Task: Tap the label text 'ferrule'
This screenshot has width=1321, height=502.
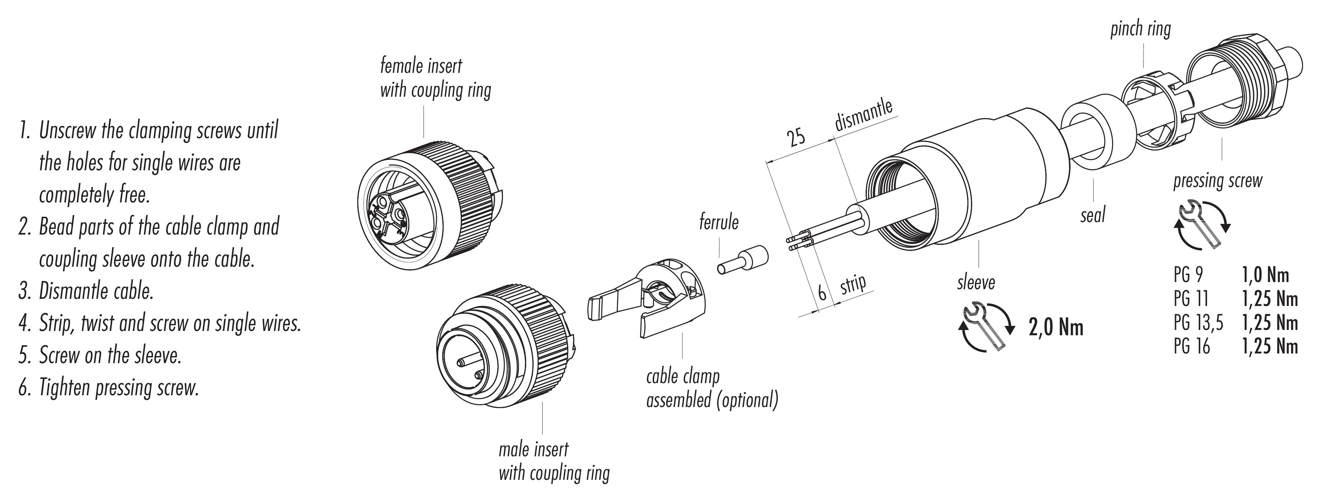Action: coord(719,222)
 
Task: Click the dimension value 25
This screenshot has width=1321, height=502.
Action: coord(796,138)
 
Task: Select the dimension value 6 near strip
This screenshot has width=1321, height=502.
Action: coord(822,293)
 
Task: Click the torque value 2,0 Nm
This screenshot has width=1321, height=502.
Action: coord(1056,327)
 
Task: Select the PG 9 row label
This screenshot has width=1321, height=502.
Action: coord(1188,275)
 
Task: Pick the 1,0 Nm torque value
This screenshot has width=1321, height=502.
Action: coord(1265,275)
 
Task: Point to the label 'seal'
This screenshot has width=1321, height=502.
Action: coord(1093,215)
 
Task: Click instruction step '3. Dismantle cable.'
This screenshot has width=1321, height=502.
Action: coord(86,291)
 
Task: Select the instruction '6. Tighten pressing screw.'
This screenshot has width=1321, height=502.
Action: coord(109,388)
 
